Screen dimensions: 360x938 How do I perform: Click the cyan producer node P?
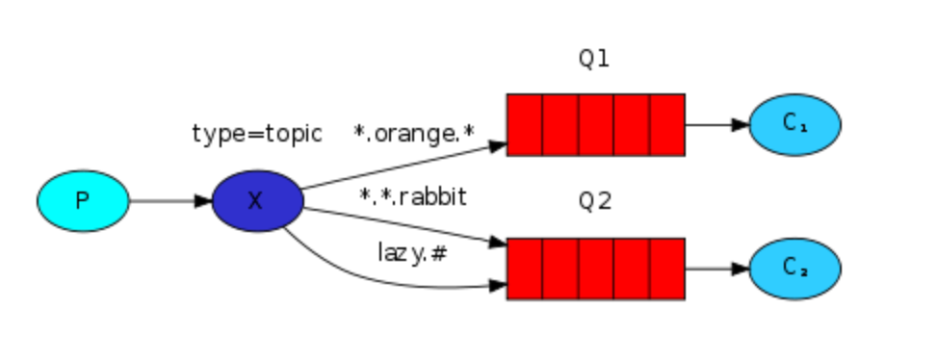click(83, 201)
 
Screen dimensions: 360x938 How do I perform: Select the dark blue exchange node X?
click(257, 201)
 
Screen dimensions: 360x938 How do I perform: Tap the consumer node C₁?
click(795, 124)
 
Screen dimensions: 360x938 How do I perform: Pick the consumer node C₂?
click(795, 269)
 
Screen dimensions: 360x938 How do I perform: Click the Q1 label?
click(594, 59)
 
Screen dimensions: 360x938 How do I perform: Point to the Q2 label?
click(594, 202)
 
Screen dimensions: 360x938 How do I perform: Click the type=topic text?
click(256, 134)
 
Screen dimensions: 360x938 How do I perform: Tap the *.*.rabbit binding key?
click(413, 196)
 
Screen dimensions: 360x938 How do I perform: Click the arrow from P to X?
click(169, 201)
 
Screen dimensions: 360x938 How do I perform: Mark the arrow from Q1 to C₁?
click(717, 124)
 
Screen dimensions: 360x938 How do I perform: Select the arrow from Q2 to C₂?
click(717, 269)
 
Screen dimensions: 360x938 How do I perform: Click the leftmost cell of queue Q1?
click(525, 124)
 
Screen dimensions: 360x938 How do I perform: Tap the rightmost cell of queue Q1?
click(666, 124)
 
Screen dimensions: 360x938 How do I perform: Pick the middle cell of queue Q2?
click(595, 269)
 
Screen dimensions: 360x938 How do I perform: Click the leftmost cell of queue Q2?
click(525, 269)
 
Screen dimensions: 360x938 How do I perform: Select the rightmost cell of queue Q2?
click(666, 269)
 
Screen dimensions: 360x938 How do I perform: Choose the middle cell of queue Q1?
click(595, 124)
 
